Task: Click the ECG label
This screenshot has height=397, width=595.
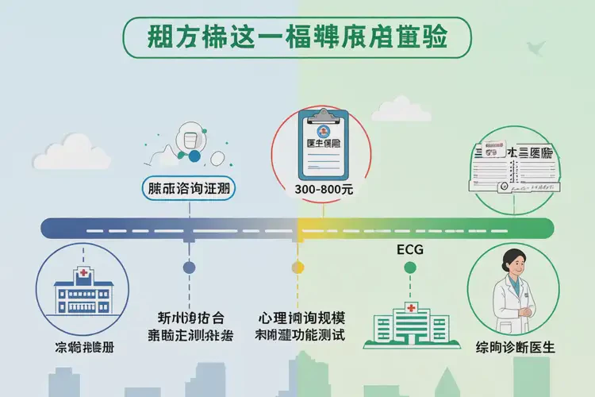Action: pyautogui.click(x=409, y=250)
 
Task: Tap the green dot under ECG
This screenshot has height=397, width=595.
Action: pyautogui.click(x=409, y=268)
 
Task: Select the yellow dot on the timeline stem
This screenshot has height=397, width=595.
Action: pyautogui.click(x=297, y=268)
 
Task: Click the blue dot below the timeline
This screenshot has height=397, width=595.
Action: pyautogui.click(x=189, y=268)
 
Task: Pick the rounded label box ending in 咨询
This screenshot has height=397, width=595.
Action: pyautogui.click(x=191, y=188)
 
